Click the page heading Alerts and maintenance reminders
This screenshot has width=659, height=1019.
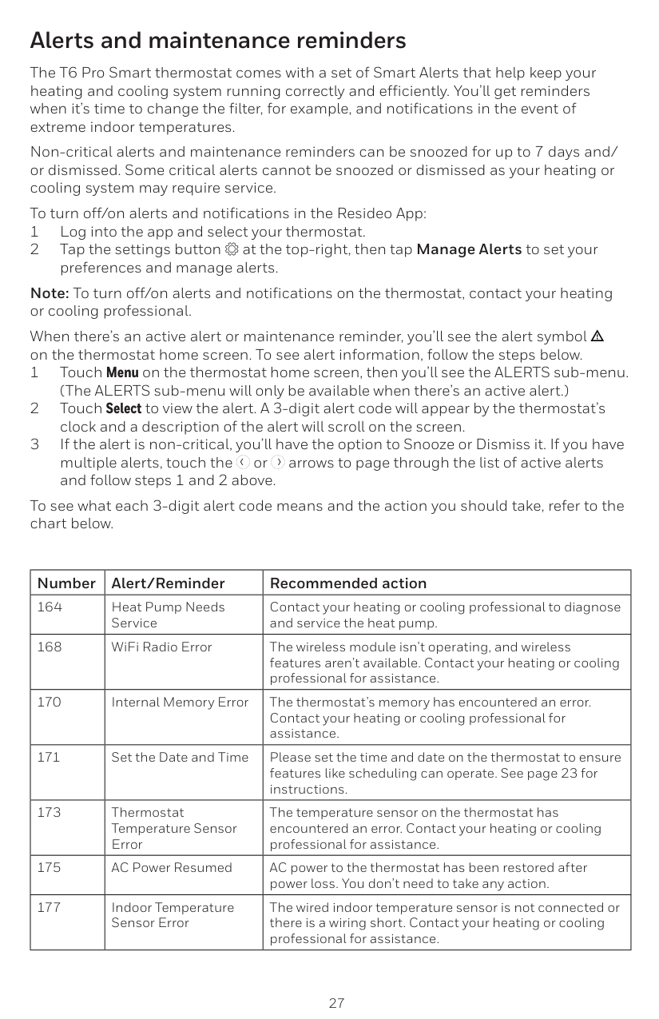pyautogui.click(x=217, y=40)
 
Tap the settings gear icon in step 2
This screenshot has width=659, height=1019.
pyautogui.click(x=233, y=250)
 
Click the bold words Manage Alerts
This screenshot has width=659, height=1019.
pyautogui.click(x=469, y=249)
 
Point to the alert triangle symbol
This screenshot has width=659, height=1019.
pyautogui.click(x=596, y=336)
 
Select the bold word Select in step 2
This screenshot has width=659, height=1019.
pyautogui.click(x=124, y=409)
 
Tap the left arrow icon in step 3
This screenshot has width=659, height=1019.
pyautogui.click(x=243, y=464)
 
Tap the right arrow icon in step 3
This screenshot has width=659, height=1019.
pyautogui.click(x=276, y=464)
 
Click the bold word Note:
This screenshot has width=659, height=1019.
pyautogui.click(x=50, y=293)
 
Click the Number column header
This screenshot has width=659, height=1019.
pyautogui.click(x=66, y=583)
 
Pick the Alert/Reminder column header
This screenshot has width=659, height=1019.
pyautogui.click(x=168, y=583)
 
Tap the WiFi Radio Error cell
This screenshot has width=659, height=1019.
pyautogui.click(x=161, y=647)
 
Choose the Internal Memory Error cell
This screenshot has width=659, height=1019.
pyautogui.click(x=180, y=703)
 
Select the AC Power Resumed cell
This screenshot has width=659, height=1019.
pyautogui.click(x=172, y=868)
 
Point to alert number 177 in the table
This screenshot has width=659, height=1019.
pyautogui.click(x=50, y=908)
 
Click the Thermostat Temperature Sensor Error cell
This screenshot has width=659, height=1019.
pyautogui.click(x=174, y=828)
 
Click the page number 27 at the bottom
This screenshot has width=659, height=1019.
pyautogui.click(x=337, y=1003)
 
